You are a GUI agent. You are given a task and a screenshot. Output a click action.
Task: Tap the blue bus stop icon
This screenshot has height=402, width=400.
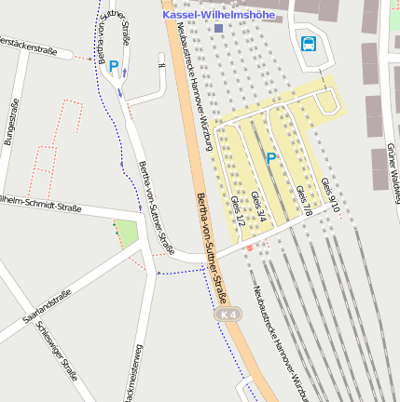(x=308, y=42)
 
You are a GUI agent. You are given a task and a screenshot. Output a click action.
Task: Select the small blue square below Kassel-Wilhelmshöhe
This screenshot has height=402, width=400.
(x=218, y=29)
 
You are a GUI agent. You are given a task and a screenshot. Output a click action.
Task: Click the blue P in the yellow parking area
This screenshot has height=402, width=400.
(x=271, y=158)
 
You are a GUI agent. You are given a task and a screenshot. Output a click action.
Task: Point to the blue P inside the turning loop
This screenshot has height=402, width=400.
(x=114, y=66)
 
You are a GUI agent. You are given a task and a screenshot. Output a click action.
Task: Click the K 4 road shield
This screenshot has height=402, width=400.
(x=228, y=316)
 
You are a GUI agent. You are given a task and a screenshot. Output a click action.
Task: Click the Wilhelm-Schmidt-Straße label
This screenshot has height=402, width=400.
(x=28, y=202)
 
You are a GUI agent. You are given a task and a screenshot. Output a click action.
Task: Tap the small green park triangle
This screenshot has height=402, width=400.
(x=126, y=232)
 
